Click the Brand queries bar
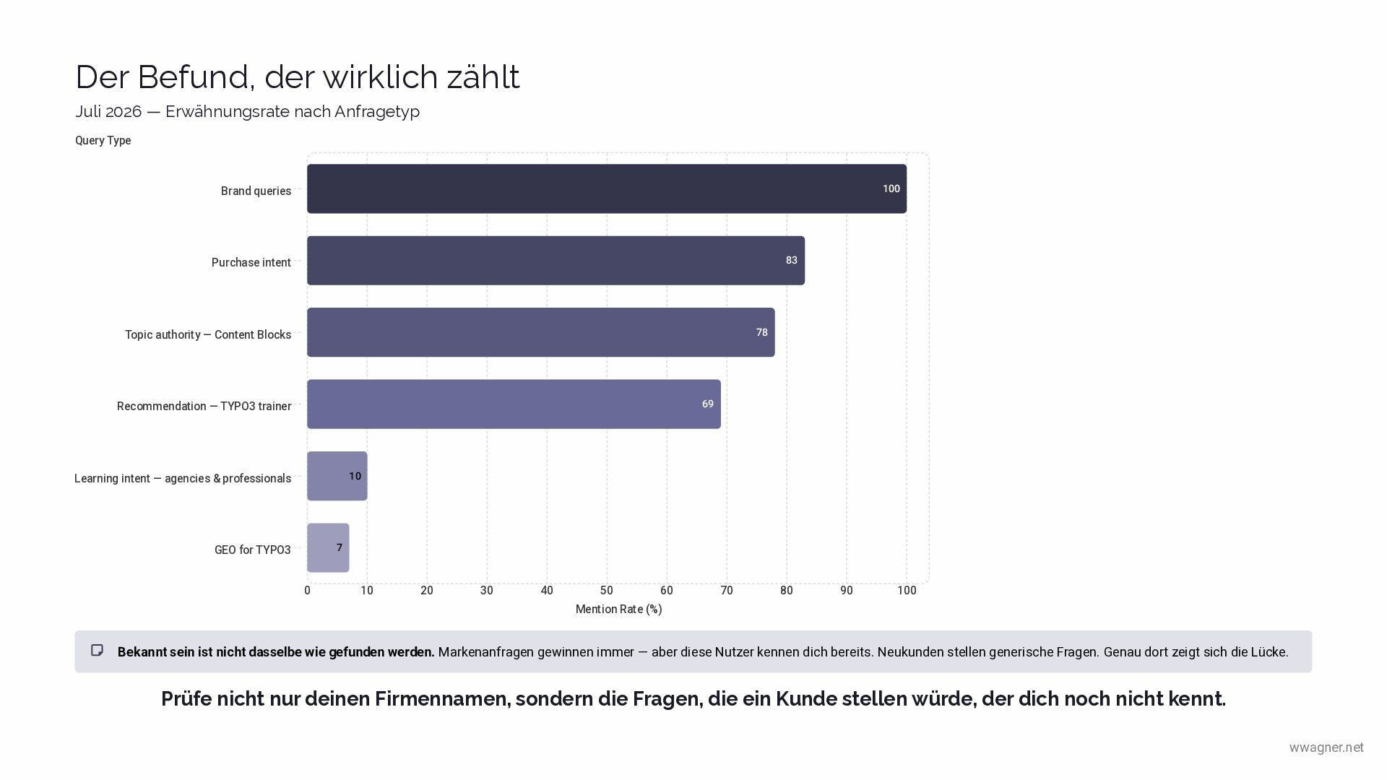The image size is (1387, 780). tap(607, 188)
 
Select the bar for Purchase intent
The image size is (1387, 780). tap(556, 261)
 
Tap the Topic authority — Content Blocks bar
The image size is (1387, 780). tap(540, 332)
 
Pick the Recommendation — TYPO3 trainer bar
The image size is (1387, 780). tap(514, 404)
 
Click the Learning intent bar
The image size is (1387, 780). tap(337, 476)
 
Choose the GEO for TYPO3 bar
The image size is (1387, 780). tap(328, 547)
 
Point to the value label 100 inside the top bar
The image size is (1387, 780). tap(891, 188)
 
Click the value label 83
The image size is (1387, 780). tap(792, 260)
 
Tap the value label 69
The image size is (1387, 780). tap(708, 404)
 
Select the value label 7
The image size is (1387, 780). tap(340, 547)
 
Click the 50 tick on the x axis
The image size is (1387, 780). tap(607, 590)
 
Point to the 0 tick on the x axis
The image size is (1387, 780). tap(307, 590)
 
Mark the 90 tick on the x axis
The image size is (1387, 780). tap(847, 590)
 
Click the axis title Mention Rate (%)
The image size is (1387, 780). tap(619, 609)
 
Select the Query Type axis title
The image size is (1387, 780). tap(103, 140)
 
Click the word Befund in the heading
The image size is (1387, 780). tap(196, 77)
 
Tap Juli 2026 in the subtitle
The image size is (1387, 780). tap(108, 111)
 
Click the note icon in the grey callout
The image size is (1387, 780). tap(98, 651)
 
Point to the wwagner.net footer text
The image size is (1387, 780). tap(1326, 747)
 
